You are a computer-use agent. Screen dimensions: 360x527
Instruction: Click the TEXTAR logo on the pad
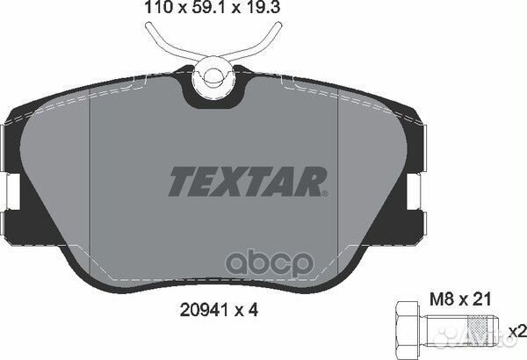[246, 181]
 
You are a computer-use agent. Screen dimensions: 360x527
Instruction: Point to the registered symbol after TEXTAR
[325, 191]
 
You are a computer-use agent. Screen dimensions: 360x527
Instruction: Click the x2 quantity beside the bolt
[517, 332]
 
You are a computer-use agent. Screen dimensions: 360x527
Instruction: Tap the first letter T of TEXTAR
[179, 181]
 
